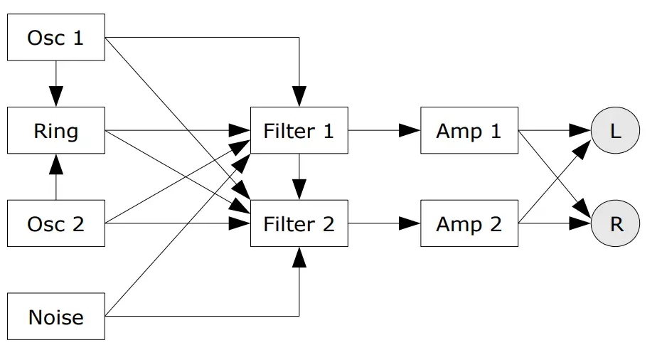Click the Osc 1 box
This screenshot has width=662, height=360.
click(x=55, y=38)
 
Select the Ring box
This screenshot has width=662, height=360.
click(x=55, y=131)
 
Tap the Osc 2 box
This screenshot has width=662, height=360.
click(x=55, y=224)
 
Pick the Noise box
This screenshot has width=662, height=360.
click(x=55, y=317)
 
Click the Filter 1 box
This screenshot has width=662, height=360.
click(x=299, y=131)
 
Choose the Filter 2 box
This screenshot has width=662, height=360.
click(x=299, y=224)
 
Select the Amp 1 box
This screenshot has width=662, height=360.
click(x=469, y=131)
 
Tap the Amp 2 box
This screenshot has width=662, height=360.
click(x=469, y=224)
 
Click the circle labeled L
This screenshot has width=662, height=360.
click(x=616, y=131)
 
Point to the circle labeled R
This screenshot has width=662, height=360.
click(x=616, y=224)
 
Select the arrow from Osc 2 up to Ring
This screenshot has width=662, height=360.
click(x=55, y=177)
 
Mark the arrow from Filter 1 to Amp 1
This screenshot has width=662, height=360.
click(x=384, y=131)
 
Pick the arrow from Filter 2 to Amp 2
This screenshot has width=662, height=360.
click(x=384, y=224)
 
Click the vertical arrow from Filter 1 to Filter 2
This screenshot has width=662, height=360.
click(x=299, y=177)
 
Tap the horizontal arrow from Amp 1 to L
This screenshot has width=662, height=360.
click(x=555, y=131)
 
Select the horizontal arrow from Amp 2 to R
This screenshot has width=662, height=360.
click(x=555, y=224)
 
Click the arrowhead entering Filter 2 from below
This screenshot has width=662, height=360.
click(x=299, y=257)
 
